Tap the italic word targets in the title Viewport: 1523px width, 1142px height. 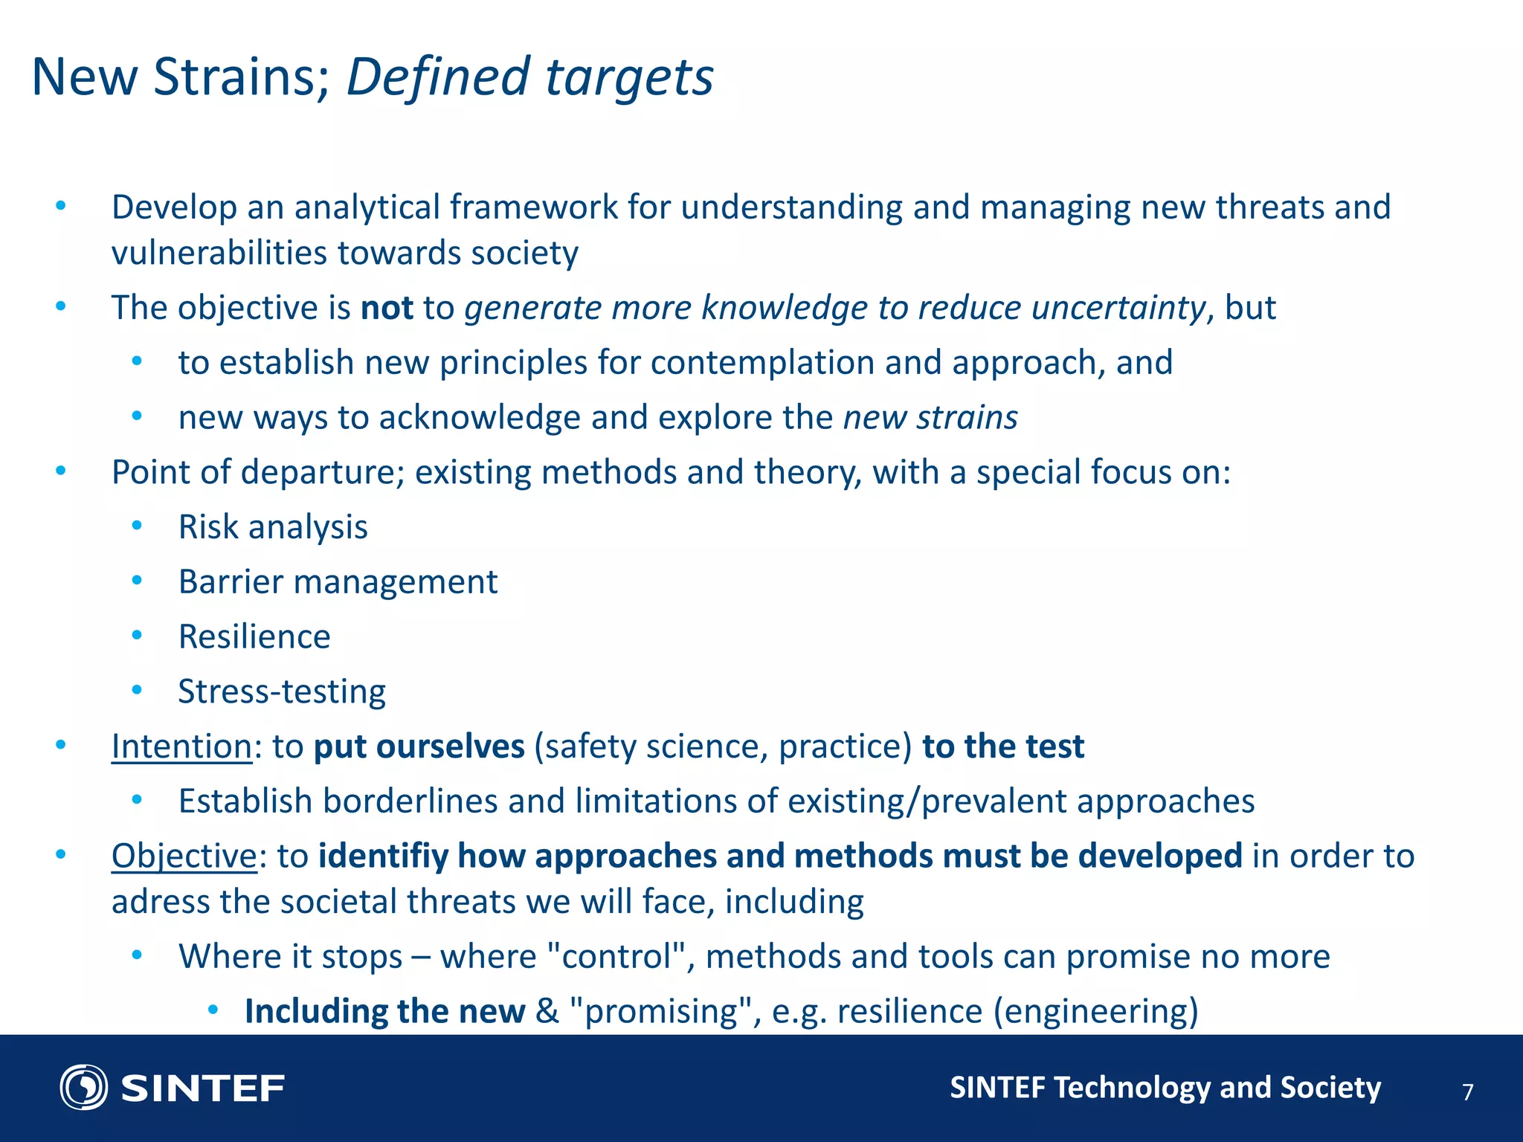point(629,77)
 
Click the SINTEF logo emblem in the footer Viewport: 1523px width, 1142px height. point(83,1088)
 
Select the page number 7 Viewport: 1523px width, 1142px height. point(1467,1092)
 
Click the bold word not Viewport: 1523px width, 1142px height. point(387,308)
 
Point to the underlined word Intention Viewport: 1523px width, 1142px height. point(181,746)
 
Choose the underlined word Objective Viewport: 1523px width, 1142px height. point(184,856)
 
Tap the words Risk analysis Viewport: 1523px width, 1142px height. point(273,527)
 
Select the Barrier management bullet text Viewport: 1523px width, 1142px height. point(338,582)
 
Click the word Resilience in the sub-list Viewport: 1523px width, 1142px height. point(254,637)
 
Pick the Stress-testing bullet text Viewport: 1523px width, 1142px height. point(282,692)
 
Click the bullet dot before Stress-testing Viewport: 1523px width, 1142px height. point(137,691)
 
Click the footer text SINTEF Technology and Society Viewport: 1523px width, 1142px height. point(1165,1088)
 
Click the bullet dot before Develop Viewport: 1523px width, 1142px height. point(61,205)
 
